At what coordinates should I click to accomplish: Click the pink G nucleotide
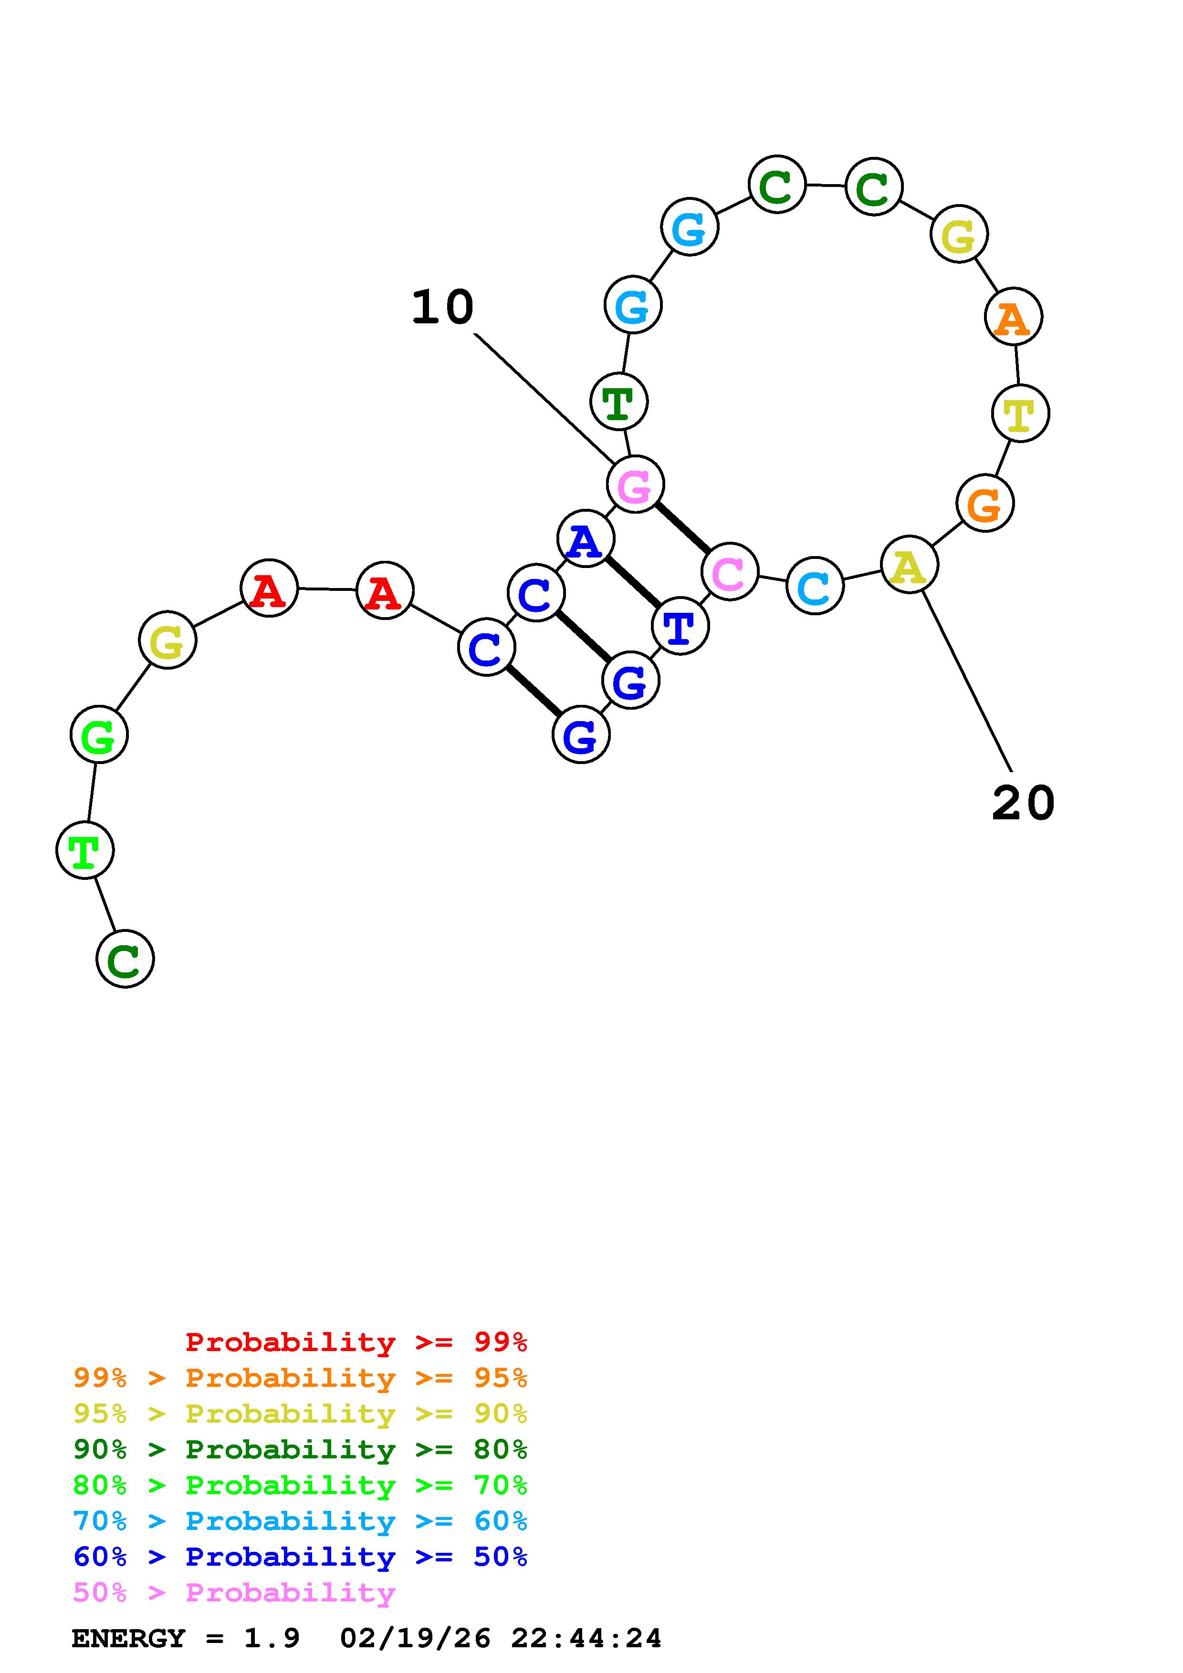pyautogui.click(x=635, y=485)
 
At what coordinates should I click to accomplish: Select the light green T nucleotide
pyautogui.click(x=84, y=850)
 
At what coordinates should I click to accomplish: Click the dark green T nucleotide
pyautogui.click(x=618, y=402)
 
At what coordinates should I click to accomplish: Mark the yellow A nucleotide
pyautogui.click(x=909, y=566)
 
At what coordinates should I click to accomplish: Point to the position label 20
pyautogui.click(x=1023, y=803)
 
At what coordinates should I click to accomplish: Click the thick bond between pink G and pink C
pyautogui.click(x=682, y=527)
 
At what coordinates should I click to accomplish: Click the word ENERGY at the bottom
pyautogui.click(x=128, y=1639)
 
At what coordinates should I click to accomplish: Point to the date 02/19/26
pyautogui.click(x=416, y=1639)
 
